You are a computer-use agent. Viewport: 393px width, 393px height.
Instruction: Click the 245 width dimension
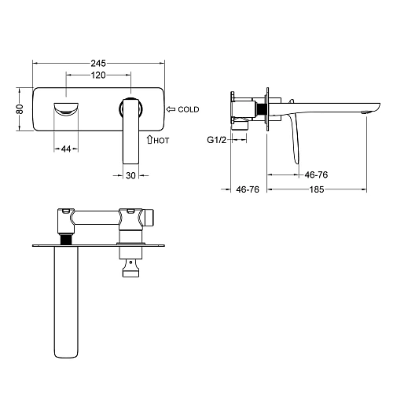pyautogui.click(x=98, y=63)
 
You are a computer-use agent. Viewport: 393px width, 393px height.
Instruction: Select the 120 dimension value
pyautogui.click(x=98, y=75)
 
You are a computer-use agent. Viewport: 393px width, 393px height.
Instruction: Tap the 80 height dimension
pyautogui.click(x=20, y=109)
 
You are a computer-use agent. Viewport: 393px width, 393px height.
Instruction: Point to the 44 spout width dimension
pyautogui.click(x=66, y=149)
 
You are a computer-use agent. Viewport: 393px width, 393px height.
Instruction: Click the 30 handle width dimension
pyautogui.click(x=130, y=175)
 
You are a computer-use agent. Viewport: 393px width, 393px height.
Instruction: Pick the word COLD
pyautogui.click(x=189, y=109)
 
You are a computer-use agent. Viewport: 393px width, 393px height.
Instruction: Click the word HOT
pyautogui.click(x=161, y=141)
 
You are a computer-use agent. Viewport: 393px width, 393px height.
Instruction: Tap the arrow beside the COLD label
pyautogui.click(x=171, y=109)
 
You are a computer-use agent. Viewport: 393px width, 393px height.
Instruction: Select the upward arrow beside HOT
pyautogui.click(x=149, y=140)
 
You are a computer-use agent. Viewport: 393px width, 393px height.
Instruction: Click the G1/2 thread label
pyautogui.click(x=216, y=140)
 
